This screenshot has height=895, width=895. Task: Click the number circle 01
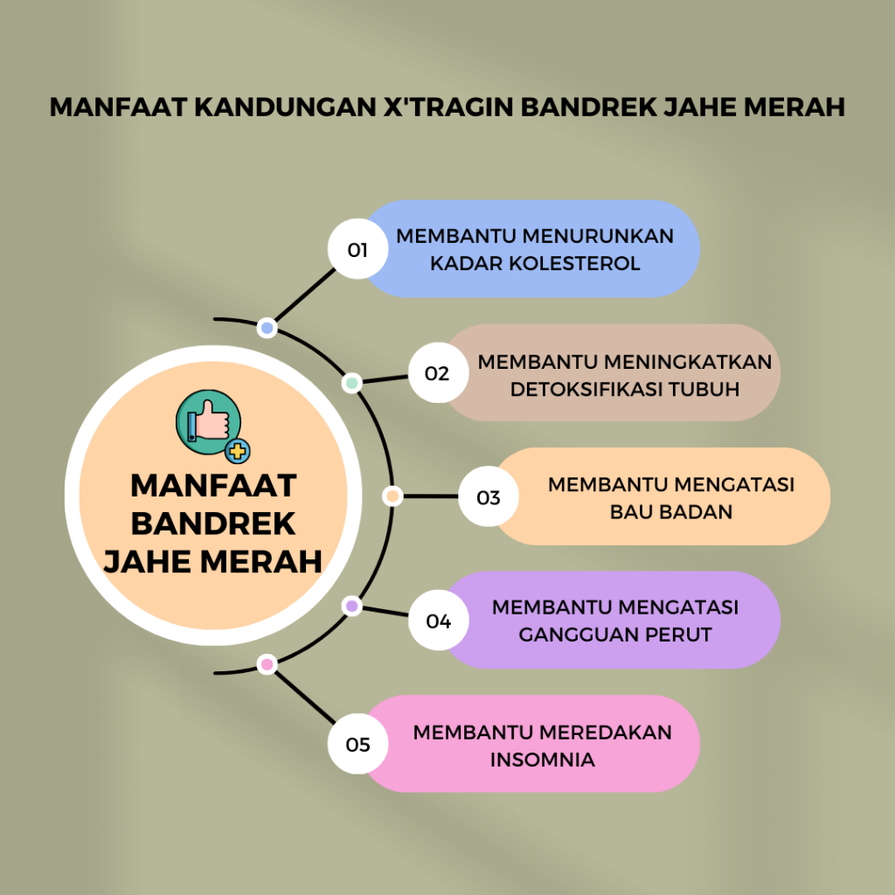pos(357,249)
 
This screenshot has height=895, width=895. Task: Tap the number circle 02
pos(439,372)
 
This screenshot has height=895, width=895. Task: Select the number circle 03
pos(489,496)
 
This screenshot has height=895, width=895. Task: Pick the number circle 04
pos(439,620)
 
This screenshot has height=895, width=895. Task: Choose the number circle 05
pos(357,744)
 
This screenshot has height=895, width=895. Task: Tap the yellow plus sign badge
pos(238,451)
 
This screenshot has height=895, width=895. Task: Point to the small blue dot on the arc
pos(267,329)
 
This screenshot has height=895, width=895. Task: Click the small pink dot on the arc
pos(267,664)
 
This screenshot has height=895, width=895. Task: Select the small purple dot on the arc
pos(352,606)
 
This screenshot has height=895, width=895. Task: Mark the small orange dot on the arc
pos(392,496)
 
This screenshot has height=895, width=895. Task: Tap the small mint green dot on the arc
pos(352,383)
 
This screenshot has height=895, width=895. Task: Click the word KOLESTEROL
pos(574,263)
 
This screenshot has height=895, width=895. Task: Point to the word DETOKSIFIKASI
pos(586,389)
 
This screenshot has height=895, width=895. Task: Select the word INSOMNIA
pos(542,760)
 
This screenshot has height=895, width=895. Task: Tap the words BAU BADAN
pos(671,511)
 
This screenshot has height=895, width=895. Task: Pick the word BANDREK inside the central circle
pos(213,524)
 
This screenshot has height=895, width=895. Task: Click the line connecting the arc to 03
pos(431,496)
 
